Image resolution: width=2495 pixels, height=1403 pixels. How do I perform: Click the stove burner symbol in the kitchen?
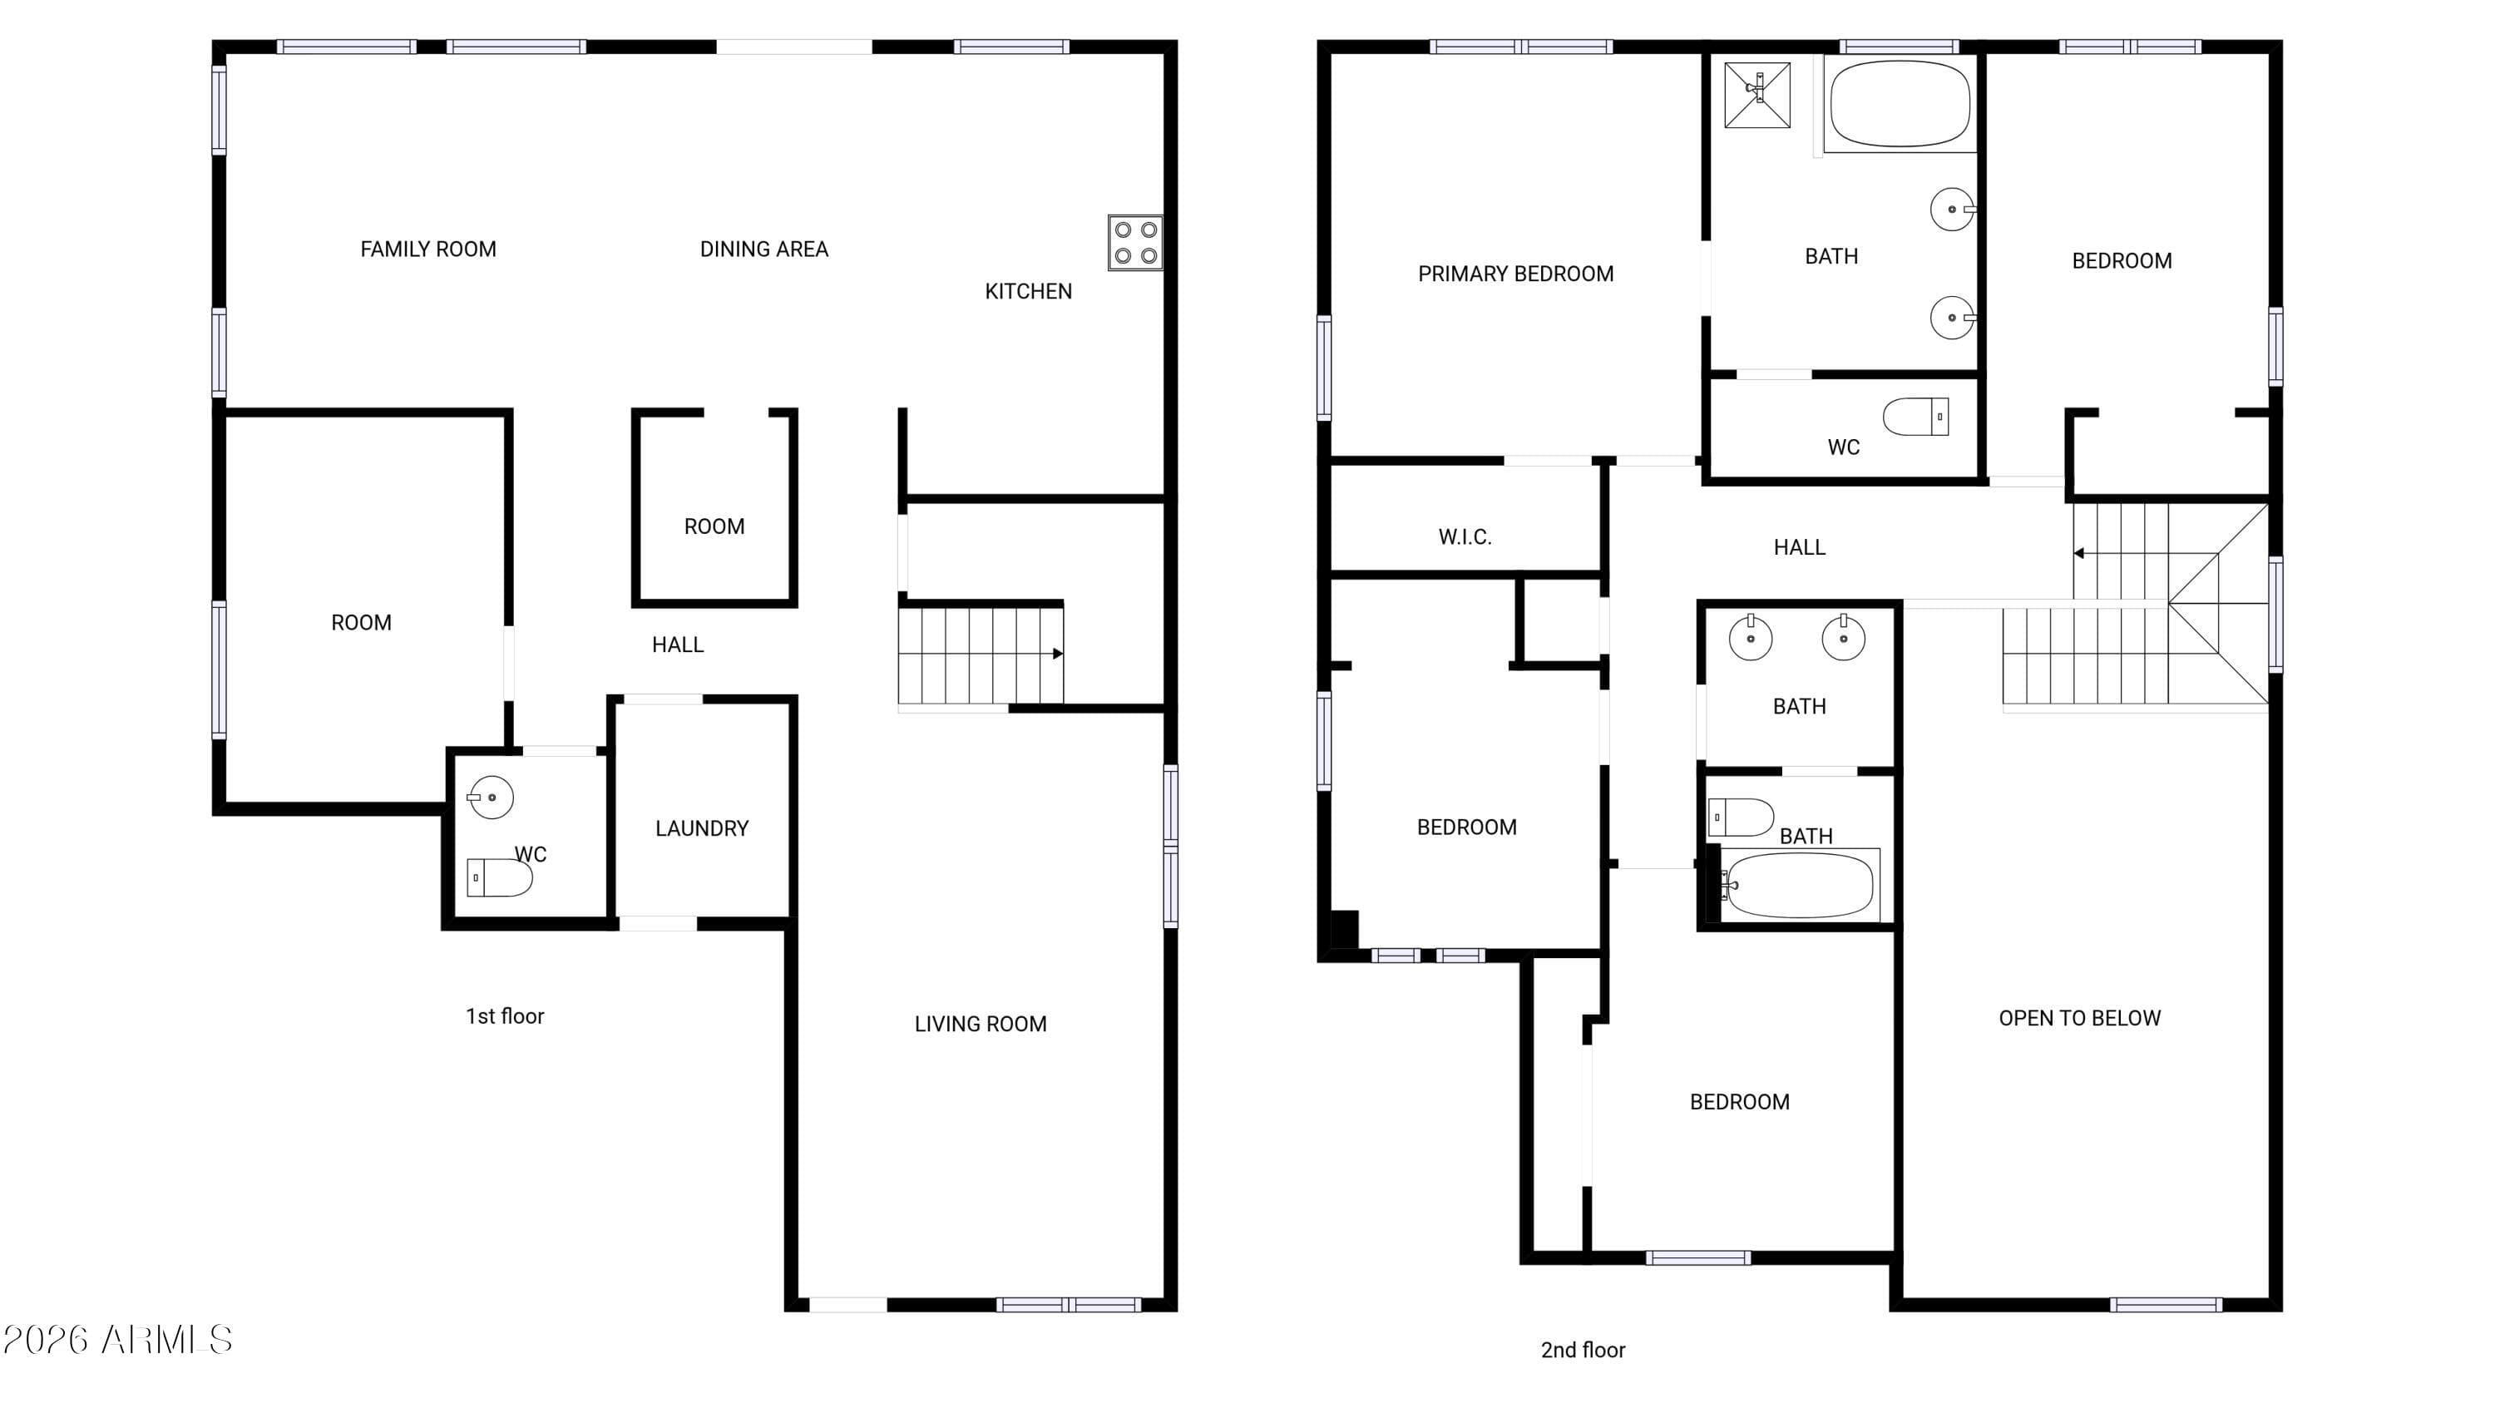(1135, 242)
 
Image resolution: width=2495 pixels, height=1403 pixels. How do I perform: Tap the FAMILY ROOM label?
(428, 249)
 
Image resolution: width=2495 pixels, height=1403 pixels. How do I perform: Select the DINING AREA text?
(763, 249)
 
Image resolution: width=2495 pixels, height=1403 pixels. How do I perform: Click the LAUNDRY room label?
(701, 829)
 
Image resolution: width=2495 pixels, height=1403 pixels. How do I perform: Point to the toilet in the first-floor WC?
(499, 878)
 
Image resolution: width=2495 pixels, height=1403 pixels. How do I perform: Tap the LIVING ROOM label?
(981, 1025)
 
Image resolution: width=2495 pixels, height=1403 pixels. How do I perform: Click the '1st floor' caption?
(505, 1016)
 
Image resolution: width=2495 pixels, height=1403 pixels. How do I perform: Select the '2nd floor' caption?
(1583, 1350)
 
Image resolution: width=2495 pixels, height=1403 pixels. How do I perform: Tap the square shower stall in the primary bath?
(1757, 94)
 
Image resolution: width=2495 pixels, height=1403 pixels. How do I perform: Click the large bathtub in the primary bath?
(1900, 104)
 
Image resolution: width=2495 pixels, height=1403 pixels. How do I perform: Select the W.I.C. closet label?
(1465, 537)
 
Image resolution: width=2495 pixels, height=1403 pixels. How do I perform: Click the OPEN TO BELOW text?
(2079, 1019)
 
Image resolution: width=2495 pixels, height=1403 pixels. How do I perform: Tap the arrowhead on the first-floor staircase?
(1058, 654)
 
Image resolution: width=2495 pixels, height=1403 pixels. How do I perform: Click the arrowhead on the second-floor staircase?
(2078, 554)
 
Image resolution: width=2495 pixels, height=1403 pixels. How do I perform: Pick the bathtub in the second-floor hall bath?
(1800, 885)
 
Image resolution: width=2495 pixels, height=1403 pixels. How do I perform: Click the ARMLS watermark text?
(117, 1340)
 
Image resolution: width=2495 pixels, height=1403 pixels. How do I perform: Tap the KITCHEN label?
(1028, 291)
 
